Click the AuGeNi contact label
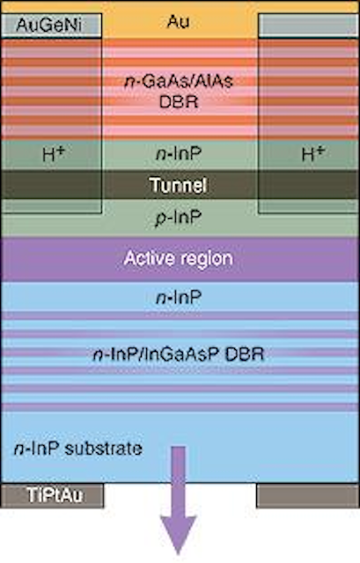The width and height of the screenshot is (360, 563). (49, 26)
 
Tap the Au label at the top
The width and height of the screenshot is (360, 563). (178, 22)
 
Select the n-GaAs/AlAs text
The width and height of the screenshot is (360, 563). (179, 82)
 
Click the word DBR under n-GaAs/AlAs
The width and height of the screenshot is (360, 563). (179, 102)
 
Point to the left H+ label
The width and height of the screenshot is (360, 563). (54, 154)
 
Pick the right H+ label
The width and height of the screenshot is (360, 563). (313, 154)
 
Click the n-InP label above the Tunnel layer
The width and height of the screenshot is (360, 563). (179, 154)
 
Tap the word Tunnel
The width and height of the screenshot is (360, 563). (178, 185)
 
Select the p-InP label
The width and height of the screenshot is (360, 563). (179, 218)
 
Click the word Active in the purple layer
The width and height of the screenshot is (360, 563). (144, 258)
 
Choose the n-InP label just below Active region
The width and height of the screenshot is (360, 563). (179, 297)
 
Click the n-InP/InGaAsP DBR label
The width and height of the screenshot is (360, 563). (179, 355)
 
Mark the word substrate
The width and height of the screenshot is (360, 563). (104, 449)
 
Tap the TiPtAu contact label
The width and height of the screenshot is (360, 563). (55, 495)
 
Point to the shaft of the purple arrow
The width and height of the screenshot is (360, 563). (179, 481)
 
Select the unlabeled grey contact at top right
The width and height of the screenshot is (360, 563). (308, 26)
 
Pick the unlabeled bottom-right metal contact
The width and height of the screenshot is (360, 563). (307, 495)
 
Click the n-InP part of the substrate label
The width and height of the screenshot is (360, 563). (37, 449)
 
